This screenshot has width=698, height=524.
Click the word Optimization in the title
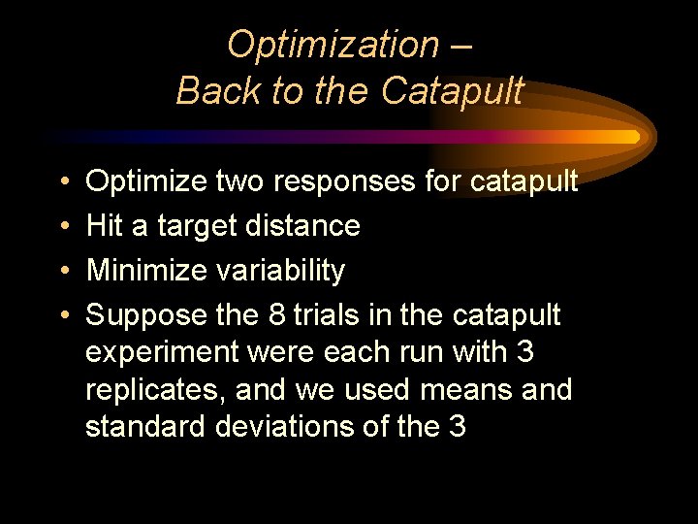click(x=333, y=45)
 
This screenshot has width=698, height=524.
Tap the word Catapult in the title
click(x=452, y=91)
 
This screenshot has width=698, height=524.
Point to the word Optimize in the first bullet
click(x=145, y=181)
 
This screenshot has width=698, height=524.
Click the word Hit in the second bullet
click(x=105, y=226)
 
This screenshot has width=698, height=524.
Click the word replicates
click(x=144, y=390)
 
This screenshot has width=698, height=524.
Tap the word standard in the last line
click(x=143, y=427)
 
